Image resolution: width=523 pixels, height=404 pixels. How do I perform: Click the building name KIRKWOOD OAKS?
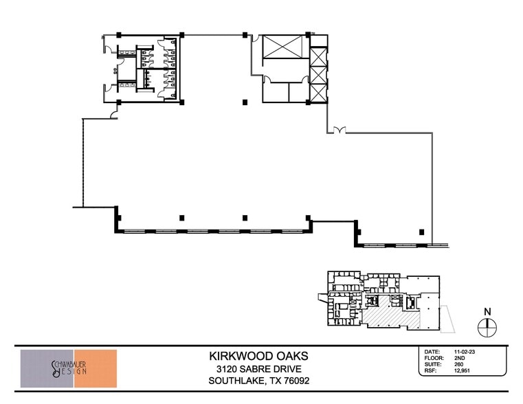258,356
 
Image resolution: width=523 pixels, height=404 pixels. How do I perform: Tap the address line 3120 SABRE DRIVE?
259,369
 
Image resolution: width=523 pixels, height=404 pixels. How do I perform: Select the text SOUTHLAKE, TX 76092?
259,381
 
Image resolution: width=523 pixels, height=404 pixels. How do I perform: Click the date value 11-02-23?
465,352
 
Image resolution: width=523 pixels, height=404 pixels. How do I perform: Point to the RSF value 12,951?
462,370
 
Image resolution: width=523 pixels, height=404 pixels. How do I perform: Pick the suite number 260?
458,364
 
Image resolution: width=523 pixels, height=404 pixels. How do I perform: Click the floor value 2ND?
459,358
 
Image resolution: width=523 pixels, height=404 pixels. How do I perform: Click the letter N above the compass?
487,312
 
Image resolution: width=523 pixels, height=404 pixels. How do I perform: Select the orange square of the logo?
96,368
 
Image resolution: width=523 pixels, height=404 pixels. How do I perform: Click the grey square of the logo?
47,368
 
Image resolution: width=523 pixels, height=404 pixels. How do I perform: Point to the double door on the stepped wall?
340,131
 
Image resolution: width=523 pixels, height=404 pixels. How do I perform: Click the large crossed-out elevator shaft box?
282,47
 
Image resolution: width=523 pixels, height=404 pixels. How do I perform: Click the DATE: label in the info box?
432,352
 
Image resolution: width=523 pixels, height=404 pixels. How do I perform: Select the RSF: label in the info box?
431,370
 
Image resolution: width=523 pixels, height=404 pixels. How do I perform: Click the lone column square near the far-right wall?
421,232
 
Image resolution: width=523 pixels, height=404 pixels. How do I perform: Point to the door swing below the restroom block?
114,113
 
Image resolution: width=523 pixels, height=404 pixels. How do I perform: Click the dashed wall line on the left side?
82,163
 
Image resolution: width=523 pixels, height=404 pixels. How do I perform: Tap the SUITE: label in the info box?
433,364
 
